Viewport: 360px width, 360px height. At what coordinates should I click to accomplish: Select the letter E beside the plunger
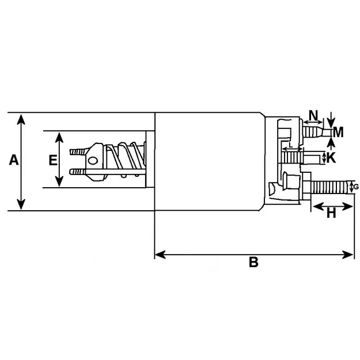[52, 160]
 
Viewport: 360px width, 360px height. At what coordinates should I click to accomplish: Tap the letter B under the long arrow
[253, 263]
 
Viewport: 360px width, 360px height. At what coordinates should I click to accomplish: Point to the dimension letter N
[313, 114]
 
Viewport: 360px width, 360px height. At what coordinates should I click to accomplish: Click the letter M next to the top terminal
[338, 132]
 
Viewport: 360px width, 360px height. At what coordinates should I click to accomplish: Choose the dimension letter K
[331, 157]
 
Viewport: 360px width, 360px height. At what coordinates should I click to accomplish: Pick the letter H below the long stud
[331, 213]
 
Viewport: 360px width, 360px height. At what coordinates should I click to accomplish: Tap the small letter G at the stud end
[355, 187]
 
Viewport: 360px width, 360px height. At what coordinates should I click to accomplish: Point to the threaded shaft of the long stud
[331, 187]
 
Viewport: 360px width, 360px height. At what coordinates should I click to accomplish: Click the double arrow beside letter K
[324, 157]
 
